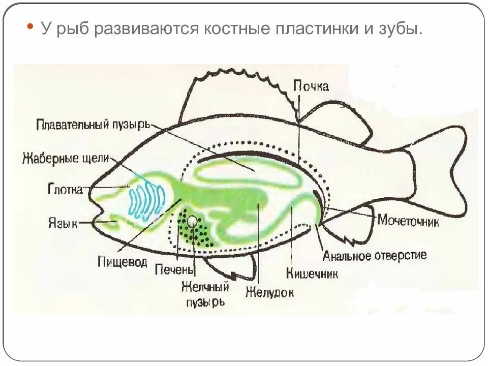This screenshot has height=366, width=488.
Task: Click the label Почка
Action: coord(311,86)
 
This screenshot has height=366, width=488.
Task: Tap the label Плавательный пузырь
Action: coord(93,124)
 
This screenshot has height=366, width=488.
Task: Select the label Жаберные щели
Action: coord(66,158)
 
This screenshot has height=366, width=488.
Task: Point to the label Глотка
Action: coord(65,190)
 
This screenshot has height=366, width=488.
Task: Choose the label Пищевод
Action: coord(123,262)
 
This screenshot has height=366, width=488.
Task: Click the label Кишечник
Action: coord(312,273)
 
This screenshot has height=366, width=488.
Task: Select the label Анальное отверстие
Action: coord(375,255)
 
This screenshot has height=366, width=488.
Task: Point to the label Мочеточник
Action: coord(408,221)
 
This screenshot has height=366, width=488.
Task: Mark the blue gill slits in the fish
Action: coord(146,199)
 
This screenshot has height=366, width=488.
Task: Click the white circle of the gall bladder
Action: coord(192,221)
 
